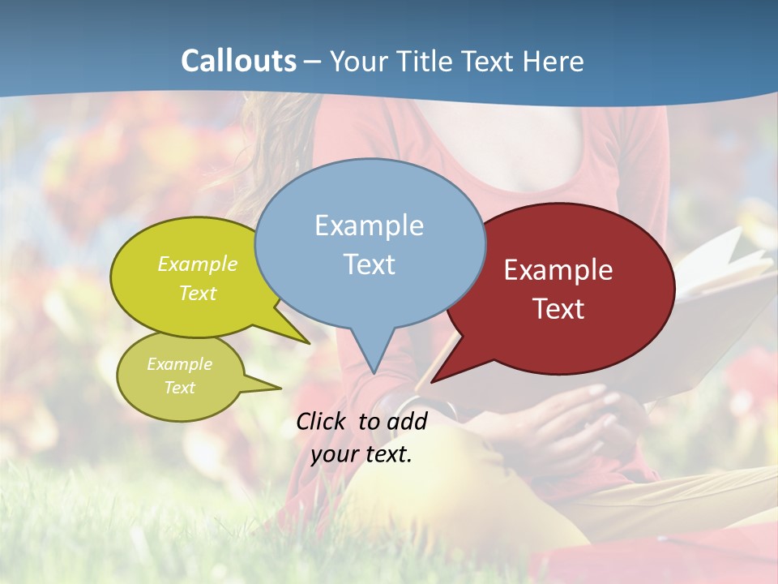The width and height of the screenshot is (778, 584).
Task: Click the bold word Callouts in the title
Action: click(238, 62)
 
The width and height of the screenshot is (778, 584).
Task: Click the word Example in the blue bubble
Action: click(369, 225)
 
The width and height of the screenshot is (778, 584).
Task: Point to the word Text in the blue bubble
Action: click(369, 264)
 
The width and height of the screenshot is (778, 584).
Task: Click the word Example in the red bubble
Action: click(558, 270)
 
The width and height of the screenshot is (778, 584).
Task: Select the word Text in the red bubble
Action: click(558, 309)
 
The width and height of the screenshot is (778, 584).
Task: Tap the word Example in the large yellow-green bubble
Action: click(198, 264)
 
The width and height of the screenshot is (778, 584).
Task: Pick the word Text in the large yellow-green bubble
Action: click(198, 293)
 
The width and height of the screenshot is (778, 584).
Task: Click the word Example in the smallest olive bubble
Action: click(179, 364)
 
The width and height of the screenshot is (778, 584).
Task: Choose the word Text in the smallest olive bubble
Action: click(179, 388)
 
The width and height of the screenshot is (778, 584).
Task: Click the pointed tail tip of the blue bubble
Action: click(374, 373)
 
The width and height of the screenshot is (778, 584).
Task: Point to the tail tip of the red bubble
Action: click(431, 381)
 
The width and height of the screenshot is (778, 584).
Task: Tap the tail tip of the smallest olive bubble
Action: click(280, 388)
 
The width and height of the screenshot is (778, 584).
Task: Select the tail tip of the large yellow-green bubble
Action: click(309, 343)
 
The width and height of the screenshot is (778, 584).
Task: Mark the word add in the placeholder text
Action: click(407, 421)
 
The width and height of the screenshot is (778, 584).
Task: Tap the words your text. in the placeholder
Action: click(361, 454)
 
